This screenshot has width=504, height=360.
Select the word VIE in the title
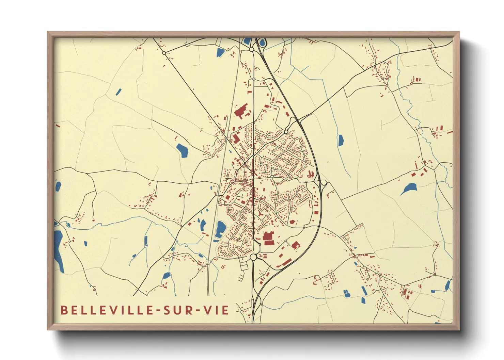[216, 310]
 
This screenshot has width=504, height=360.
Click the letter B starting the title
[64, 310]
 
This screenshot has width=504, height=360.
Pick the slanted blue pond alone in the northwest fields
[119, 92]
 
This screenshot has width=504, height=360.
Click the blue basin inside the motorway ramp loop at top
[262, 43]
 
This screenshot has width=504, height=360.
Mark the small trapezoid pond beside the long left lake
[68, 225]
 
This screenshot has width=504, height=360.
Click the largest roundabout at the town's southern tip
[253, 257]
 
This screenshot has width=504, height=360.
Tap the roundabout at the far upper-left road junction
[164, 53]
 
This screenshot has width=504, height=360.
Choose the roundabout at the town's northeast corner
[286, 132]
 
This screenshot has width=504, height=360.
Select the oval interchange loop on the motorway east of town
[324, 183]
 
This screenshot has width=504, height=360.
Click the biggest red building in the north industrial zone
[241, 111]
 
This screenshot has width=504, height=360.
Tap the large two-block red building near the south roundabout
[268, 238]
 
